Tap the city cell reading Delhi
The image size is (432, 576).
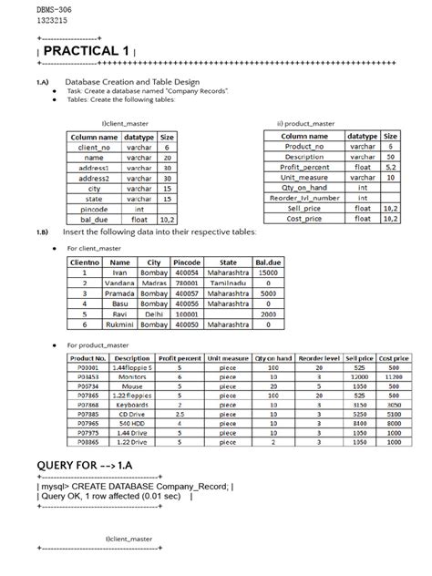click(x=153, y=313)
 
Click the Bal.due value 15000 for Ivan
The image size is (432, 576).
click(x=268, y=272)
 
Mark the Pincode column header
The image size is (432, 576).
click(x=187, y=261)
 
